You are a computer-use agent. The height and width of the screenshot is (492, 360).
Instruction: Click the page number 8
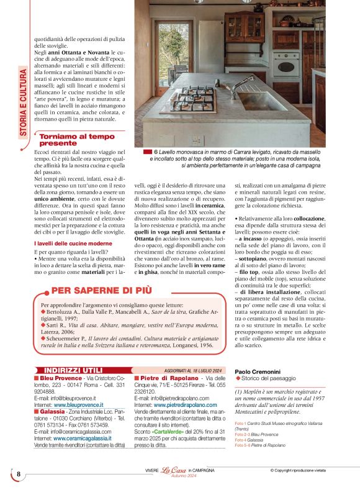click(x=19, y=475)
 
